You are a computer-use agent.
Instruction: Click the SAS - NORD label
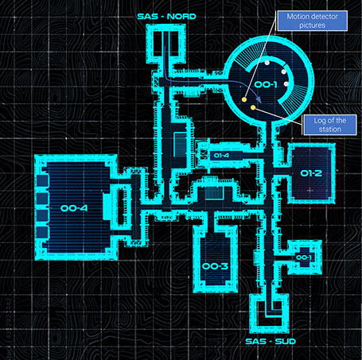[x=167, y=17]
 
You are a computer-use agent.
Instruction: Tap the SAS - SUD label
[x=271, y=341]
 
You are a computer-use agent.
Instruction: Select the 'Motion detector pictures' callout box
[x=313, y=21]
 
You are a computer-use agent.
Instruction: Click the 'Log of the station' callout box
[x=330, y=125]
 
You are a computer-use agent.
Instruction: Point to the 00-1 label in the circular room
[x=266, y=84]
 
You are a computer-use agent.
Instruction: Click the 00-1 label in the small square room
[x=303, y=257]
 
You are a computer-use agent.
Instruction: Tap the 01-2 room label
[x=311, y=173]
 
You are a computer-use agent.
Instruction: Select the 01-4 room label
[x=221, y=155]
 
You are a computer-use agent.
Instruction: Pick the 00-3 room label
[x=215, y=266]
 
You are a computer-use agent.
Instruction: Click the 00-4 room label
[x=74, y=208]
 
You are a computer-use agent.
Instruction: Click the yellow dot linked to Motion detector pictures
[x=244, y=99]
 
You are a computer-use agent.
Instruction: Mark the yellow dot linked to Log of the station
[x=253, y=107]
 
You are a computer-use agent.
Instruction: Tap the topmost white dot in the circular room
[x=267, y=63]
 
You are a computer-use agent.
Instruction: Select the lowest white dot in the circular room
[x=286, y=84]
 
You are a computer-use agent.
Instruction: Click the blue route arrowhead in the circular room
[x=259, y=99]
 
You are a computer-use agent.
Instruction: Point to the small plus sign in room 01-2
[x=310, y=190]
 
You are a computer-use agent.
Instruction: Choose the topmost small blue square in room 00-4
[x=42, y=180]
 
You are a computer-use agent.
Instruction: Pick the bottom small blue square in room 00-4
[x=42, y=232]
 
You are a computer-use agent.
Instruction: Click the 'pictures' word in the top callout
[x=312, y=25]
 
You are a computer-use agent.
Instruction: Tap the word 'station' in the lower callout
[x=330, y=130]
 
